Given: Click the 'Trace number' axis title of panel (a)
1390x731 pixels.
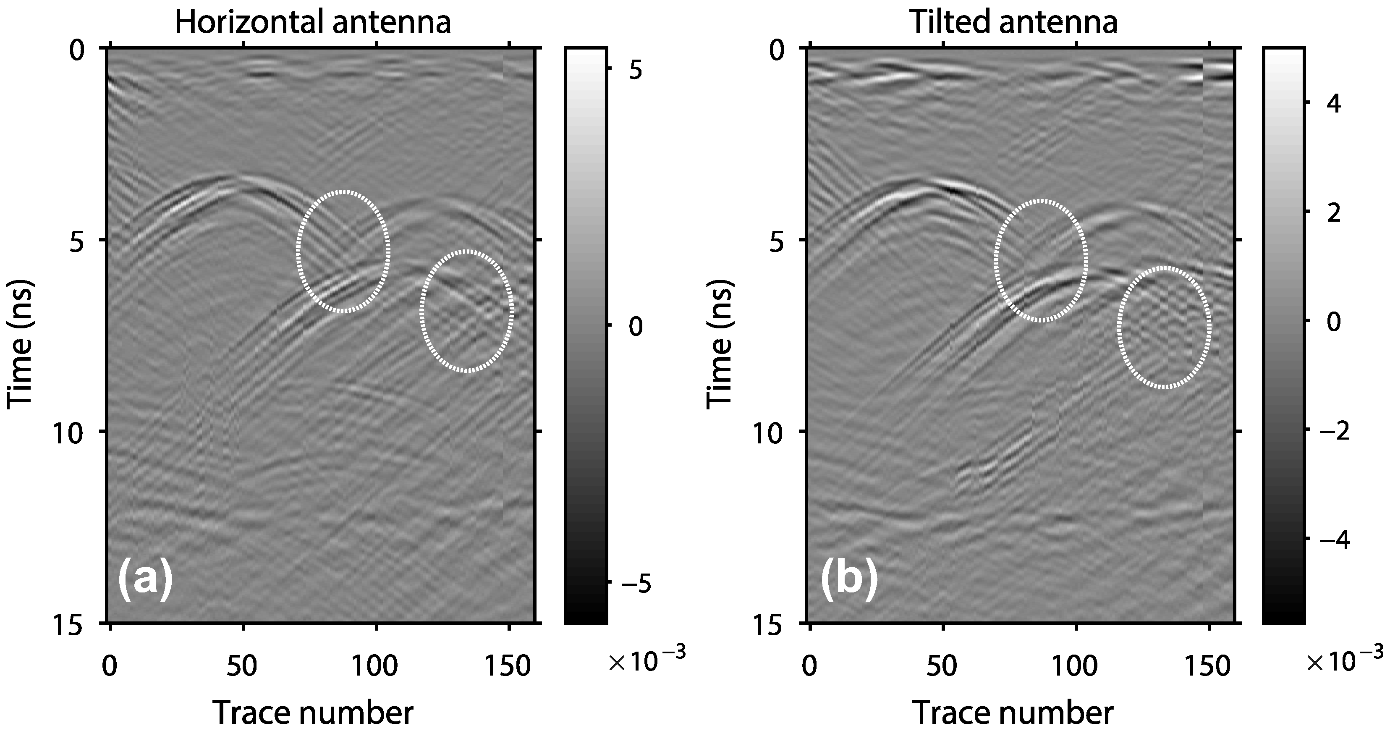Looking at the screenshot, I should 312,712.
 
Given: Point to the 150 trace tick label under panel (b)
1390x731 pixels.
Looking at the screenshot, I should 1209,667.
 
